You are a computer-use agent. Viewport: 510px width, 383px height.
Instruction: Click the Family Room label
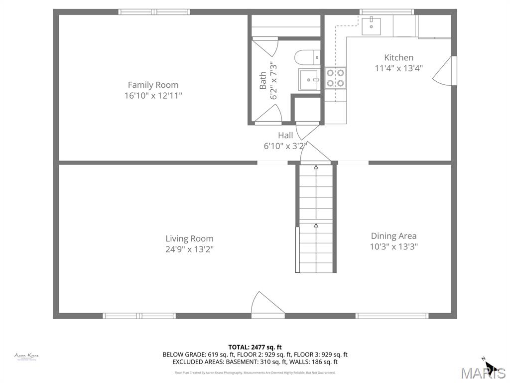[153, 85]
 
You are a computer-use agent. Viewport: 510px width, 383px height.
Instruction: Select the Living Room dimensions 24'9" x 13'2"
[189, 249]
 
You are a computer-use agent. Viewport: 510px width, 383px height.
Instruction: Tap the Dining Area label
[393, 236]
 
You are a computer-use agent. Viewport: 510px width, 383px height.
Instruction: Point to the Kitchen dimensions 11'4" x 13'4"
[398, 68]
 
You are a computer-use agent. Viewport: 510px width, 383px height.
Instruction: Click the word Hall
[285, 135]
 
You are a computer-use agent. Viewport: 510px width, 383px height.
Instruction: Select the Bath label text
[262, 81]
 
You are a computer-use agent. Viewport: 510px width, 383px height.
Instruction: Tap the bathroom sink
[309, 79]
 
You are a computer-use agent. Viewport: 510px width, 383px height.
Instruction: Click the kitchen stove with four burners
[335, 78]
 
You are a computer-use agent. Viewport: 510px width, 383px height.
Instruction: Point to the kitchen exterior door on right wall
[445, 71]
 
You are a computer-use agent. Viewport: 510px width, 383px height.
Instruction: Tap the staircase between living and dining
[316, 219]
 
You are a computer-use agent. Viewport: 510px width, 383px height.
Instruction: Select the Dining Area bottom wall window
[392, 316]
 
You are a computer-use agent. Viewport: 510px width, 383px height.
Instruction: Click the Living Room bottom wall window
[139, 316]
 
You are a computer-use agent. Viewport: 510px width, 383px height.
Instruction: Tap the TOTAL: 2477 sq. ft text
[255, 347]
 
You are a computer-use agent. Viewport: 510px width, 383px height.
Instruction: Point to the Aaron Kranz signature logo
[26, 356]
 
